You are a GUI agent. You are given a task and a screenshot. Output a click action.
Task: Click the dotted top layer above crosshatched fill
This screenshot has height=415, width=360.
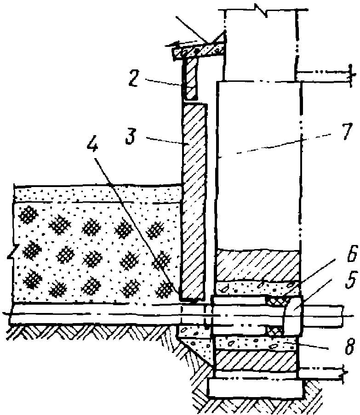(x=92, y=193)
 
